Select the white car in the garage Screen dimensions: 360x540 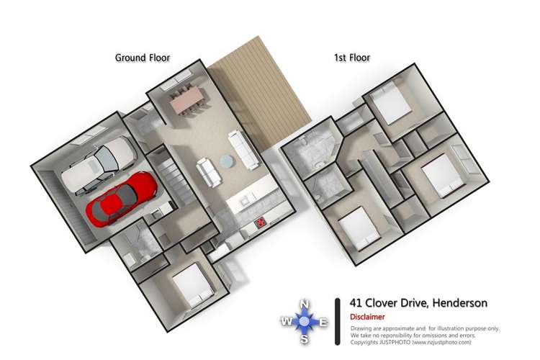point(98,166)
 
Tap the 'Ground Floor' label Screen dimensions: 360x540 point(143,58)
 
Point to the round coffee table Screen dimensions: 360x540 point(227,159)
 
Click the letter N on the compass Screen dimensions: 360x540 point(305,303)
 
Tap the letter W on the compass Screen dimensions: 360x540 point(287,322)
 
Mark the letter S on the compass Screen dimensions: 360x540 point(305,340)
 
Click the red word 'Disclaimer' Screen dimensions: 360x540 point(367,317)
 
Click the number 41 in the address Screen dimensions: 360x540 point(356,303)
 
